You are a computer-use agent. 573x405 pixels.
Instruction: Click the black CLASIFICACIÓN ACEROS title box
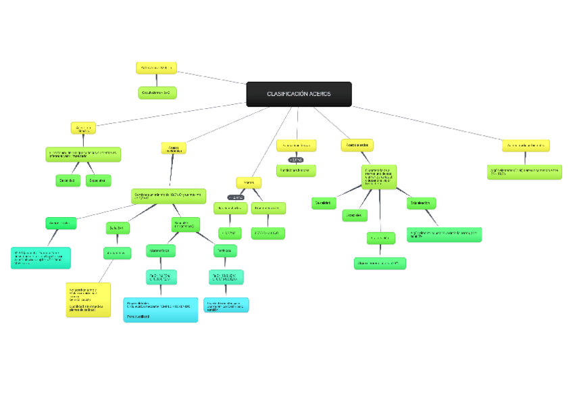coord(299,94)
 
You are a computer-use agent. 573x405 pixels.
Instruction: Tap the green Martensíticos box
coord(161,251)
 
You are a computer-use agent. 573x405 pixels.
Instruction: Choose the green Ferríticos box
coord(225,251)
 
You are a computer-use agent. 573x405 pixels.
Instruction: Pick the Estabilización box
coord(421,203)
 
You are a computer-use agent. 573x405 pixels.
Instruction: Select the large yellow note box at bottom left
coord(89,300)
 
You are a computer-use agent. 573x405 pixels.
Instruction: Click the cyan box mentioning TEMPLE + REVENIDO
coord(161,309)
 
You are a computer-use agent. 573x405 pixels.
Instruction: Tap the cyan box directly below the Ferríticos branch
coord(226,305)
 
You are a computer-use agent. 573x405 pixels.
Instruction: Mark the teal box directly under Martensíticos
coord(161,277)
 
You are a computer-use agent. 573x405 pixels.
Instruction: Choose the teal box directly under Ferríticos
coord(226,277)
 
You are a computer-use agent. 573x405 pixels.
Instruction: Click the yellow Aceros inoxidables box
coord(174,148)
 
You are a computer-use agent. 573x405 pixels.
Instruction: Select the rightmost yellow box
coord(526,145)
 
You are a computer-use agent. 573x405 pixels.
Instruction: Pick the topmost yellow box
coord(157,68)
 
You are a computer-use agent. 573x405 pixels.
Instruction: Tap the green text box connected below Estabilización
coord(444,234)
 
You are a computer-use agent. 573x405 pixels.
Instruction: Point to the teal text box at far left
coord(41,258)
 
